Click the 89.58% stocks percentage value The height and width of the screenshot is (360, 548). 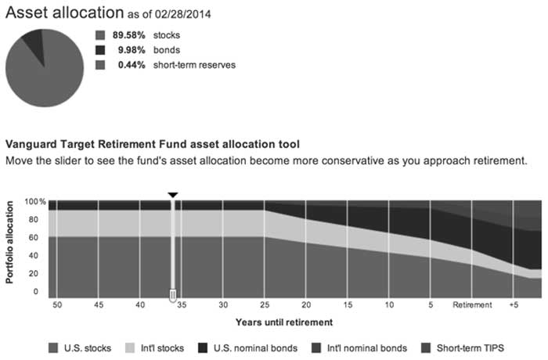[x=128, y=35]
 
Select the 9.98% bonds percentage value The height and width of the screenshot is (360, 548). [x=132, y=50]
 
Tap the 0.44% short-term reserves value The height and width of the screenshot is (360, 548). [x=132, y=65]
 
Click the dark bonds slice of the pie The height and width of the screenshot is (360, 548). [x=34, y=44]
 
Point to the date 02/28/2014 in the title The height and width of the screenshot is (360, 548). [x=182, y=14]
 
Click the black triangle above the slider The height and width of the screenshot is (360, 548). [x=173, y=195]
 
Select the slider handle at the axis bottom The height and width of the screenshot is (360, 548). [x=173, y=295]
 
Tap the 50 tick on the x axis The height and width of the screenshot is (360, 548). [x=57, y=304]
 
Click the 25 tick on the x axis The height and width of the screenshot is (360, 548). [x=265, y=304]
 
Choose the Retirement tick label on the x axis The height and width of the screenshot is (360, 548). [x=472, y=304]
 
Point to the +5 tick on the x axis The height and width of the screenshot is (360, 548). [x=514, y=304]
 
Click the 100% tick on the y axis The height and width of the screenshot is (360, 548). [x=35, y=202]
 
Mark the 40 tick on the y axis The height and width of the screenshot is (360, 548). [x=34, y=255]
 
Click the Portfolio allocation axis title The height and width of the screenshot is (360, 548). [x=9, y=242]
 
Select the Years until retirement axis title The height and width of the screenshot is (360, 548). [x=284, y=322]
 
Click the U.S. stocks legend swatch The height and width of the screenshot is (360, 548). [x=53, y=348]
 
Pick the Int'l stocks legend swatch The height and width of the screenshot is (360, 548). [x=130, y=348]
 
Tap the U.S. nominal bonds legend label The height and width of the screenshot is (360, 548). [x=255, y=348]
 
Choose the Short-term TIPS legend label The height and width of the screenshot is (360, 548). [x=470, y=348]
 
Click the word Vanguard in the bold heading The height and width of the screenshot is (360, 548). [x=31, y=144]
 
